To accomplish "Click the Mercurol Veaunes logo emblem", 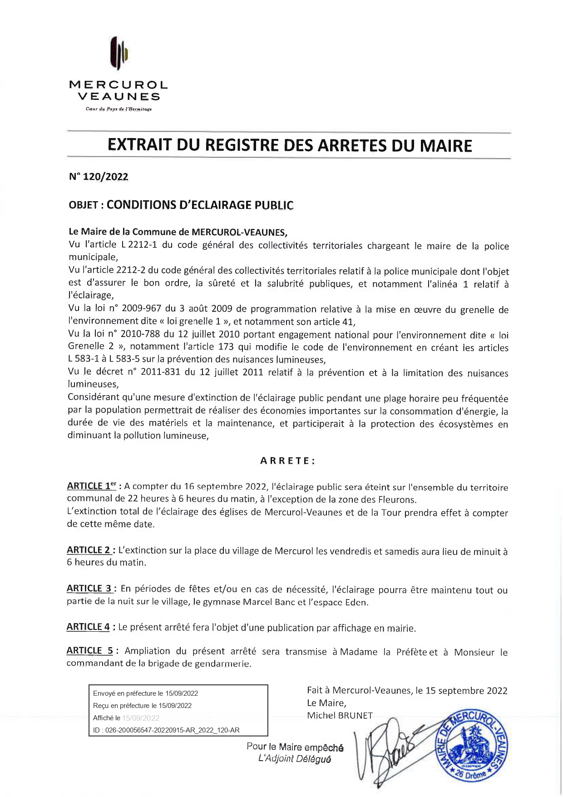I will (x=119, y=54).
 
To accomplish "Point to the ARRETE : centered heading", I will (x=287, y=460).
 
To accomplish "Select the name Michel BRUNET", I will (x=340, y=716).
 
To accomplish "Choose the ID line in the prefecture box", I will (x=166, y=730).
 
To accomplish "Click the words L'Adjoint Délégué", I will (x=294, y=759).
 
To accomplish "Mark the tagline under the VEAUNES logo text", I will (x=119, y=109).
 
